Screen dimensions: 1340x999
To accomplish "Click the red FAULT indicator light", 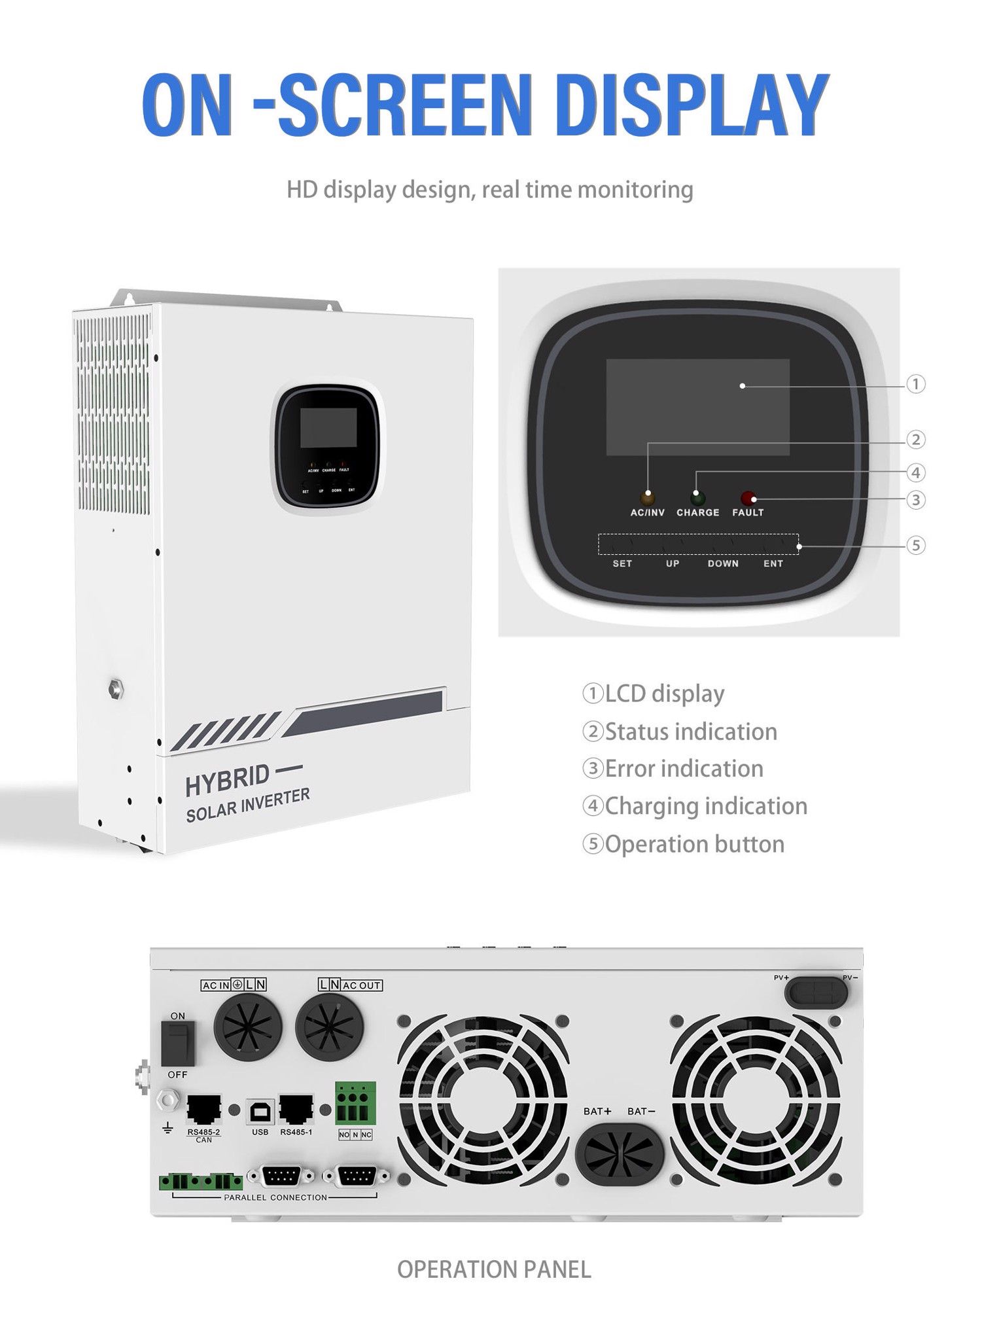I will coord(748,497).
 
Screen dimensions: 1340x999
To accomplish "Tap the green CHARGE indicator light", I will coord(697,497).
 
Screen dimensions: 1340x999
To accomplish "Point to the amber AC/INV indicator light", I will coord(648,497).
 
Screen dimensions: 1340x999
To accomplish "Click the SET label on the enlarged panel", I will coord(622,563).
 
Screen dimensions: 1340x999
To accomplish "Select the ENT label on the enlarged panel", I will coord(773,563).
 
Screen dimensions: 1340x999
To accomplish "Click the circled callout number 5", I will coord(916,545).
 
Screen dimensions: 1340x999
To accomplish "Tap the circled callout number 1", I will coord(916,384).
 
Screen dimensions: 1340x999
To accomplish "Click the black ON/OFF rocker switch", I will coord(178,1044).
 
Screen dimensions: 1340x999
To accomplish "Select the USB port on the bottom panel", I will coord(260,1111).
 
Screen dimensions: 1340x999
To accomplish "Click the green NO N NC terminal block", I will coord(356,1103).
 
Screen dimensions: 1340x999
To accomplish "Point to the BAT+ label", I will coord(597,1111).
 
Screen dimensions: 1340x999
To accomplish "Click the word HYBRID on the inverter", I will coord(227,780).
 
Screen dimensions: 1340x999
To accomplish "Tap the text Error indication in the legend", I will coord(684,769).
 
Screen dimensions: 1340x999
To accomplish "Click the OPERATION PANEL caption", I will coord(494,1269).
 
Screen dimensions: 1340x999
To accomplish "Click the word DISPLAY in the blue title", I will coord(695,106).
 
